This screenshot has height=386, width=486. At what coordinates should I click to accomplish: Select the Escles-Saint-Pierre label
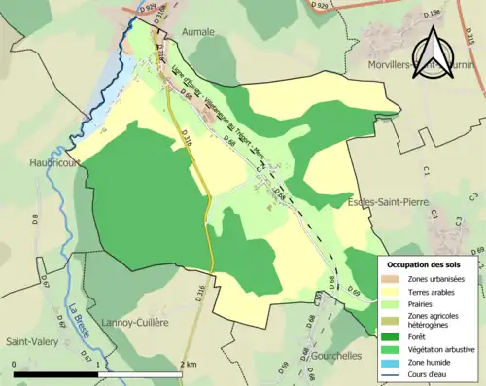pos(390,201)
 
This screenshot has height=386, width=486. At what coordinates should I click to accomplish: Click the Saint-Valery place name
pos(33,341)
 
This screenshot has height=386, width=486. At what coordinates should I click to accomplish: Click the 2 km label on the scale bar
pos(189,364)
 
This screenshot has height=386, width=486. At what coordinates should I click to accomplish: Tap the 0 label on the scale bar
pos(15,364)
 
